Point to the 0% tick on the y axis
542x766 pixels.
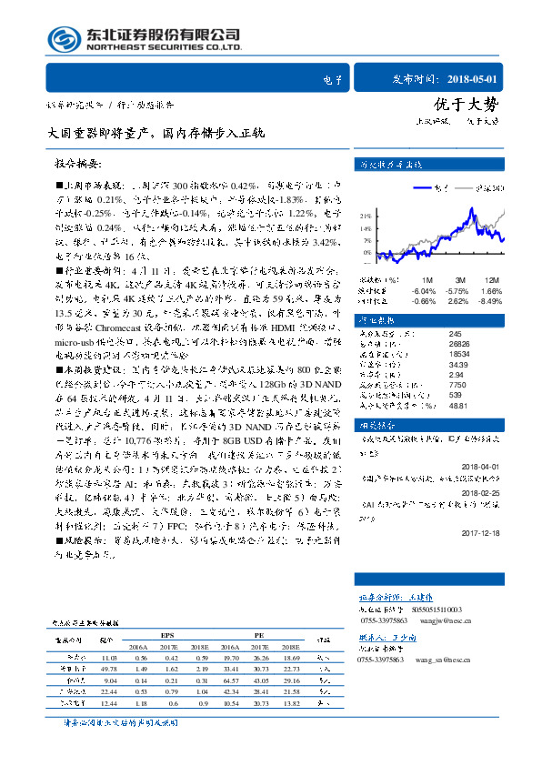coord(366,252)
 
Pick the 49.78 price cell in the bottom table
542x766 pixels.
coord(109,668)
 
